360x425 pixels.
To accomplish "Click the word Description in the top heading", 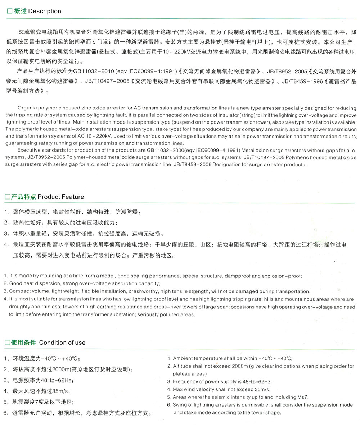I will coord(45,11).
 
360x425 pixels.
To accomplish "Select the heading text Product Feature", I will coord(60,197).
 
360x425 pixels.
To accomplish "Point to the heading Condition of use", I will coord(62,343).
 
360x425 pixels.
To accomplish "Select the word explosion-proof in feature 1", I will coord(283,276).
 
